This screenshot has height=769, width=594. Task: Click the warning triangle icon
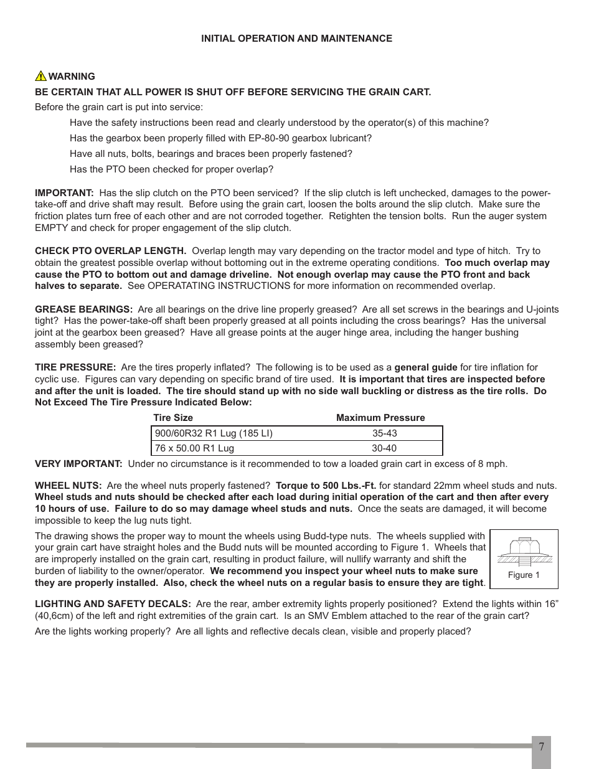point(40,76)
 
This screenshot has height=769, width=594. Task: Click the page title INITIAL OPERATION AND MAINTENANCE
point(296,39)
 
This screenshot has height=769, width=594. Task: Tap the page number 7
point(541,747)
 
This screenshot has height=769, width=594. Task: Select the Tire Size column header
point(173,418)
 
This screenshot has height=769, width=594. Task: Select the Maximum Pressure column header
point(380,418)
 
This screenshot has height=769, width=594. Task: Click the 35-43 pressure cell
point(384,433)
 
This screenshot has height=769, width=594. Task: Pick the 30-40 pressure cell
point(384,448)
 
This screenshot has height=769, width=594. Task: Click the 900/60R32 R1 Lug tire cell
point(214,433)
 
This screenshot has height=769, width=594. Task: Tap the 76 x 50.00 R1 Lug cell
point(194,448)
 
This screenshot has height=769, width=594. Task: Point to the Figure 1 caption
point(524,575)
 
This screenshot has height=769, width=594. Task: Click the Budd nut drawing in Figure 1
point(524,551)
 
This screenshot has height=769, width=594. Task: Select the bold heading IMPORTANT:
point(64,193)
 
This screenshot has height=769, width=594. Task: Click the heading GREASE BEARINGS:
point(83,309)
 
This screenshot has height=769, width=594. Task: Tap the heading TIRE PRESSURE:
point(75,367)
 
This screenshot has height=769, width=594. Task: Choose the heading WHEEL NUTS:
point(68,486)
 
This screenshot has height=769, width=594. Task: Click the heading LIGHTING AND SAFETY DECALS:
point(113,604)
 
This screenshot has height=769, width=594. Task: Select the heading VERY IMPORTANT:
point(78,464)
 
